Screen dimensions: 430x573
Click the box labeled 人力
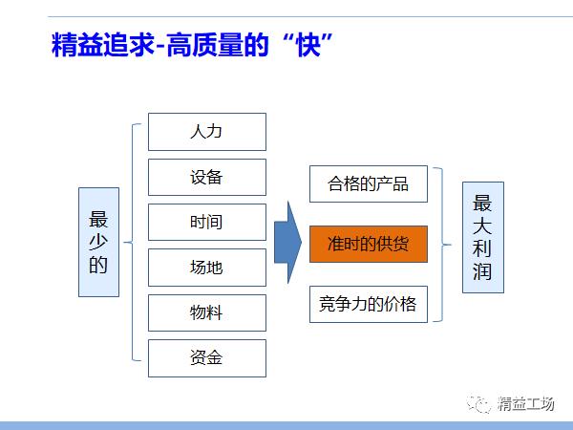coord(206,131)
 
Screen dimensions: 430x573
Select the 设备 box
coord(206,177)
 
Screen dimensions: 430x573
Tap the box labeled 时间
coord(206,223)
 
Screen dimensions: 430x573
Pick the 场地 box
coord(206,268)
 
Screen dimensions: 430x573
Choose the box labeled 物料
coord(206,313)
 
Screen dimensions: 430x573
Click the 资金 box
coord(206,358)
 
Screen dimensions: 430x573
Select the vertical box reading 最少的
coord(98,242)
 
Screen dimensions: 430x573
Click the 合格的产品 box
coord(368,183)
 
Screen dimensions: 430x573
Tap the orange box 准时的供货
coord(368,244)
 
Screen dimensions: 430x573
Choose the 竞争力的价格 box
coord(368,305)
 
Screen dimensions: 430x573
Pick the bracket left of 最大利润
coord(440,244)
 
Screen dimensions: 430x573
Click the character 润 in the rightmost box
coord(482,277)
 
